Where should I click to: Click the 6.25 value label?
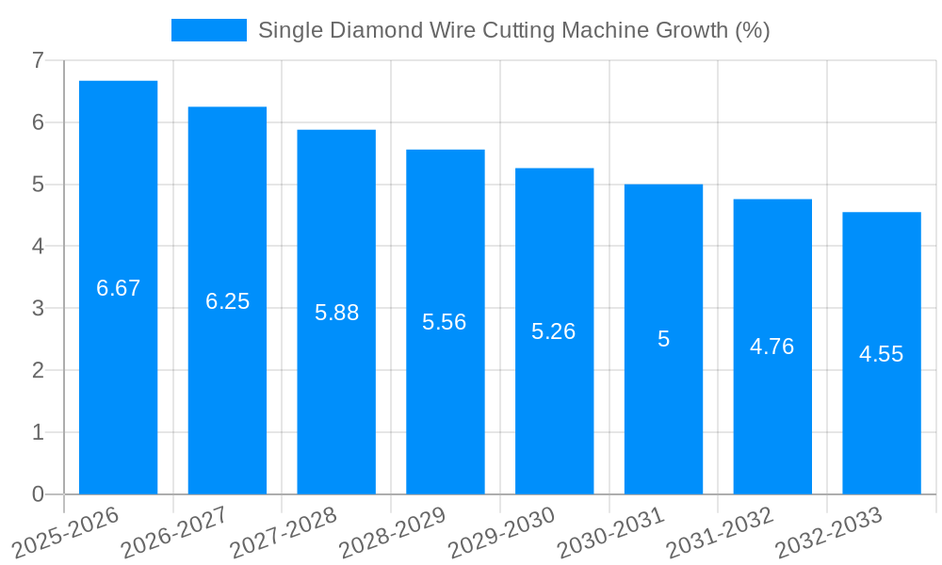coord(227,301)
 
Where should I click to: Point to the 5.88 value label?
coord(336,313)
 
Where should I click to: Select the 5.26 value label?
coord(553,331)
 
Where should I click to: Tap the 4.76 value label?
coord(771,347)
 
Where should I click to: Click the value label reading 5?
coord(663,339)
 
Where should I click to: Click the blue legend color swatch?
coord(208,30)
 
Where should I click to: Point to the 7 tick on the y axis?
coord(38,60)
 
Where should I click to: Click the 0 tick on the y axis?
coord(38,494)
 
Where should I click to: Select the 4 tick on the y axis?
coord(38,246)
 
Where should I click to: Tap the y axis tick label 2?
coord(38,370)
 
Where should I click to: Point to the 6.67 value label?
coord(118,288)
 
